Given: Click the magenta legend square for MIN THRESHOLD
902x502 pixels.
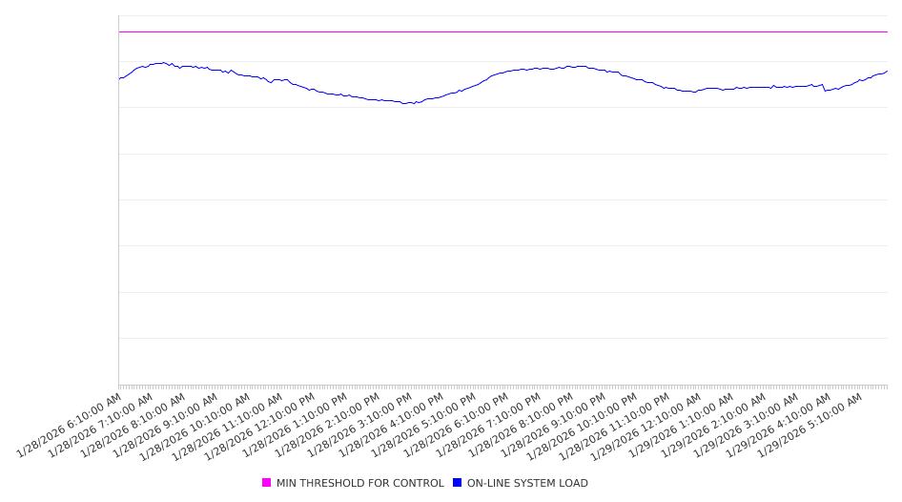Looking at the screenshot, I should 267,483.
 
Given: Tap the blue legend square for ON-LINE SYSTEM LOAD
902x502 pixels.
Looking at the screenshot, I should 458,483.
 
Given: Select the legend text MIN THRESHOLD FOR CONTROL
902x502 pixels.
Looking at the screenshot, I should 359,484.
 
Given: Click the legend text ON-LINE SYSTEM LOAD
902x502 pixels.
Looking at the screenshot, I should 527,484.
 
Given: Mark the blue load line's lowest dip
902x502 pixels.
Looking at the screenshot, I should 408,103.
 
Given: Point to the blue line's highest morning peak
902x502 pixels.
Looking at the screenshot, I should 164,63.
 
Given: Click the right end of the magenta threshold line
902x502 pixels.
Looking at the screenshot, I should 886,31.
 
